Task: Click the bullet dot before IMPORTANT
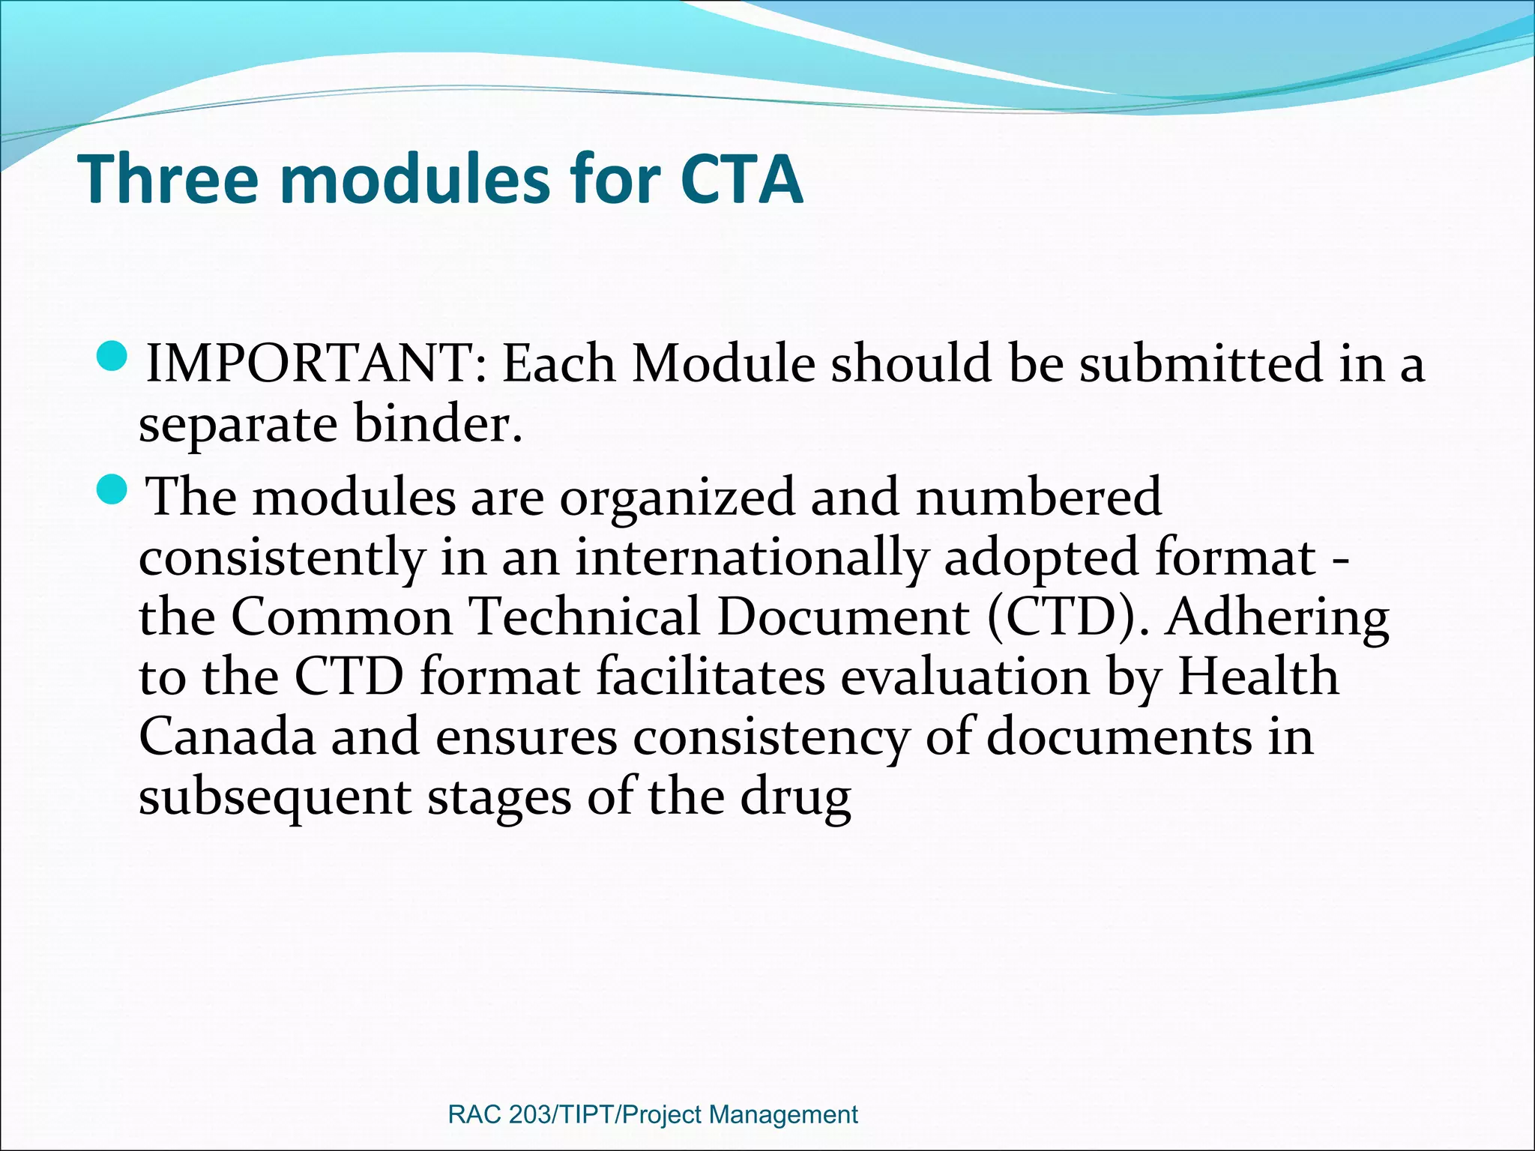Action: (x=115, y=356)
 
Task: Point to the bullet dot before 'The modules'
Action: (x=115, y=490)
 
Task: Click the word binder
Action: (x=437, y=424)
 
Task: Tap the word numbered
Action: (x=1039, y=498)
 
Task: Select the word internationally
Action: (x=751, y=558)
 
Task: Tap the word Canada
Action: (x=227, y=737)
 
